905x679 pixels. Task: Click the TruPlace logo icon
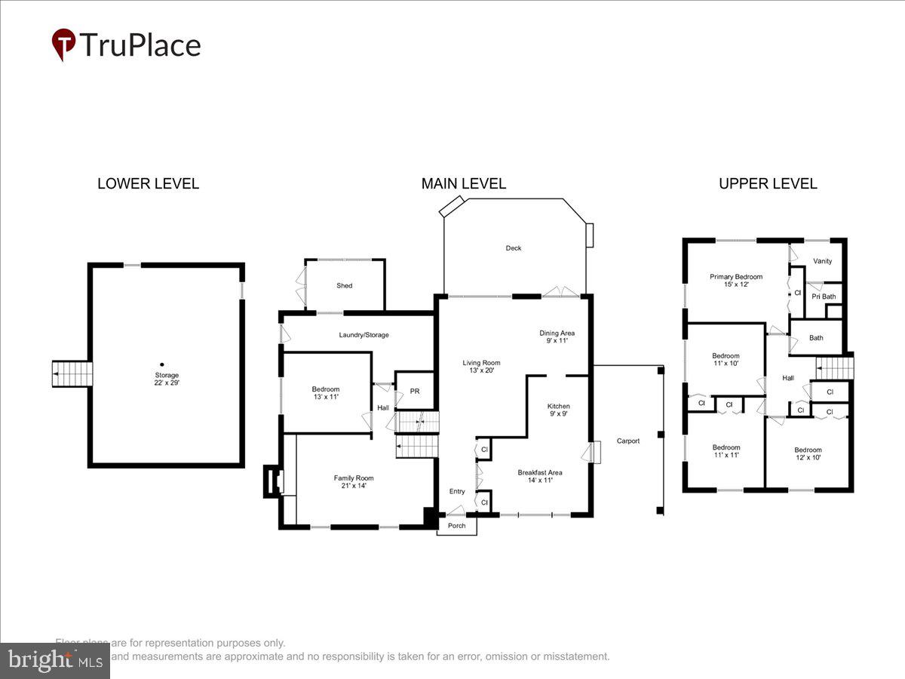coord(64,45)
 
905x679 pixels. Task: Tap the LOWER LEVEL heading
coord(148,183)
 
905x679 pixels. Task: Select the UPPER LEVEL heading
coord(768,183)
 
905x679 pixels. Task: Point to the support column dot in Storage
coord(161,364)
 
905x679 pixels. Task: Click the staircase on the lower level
coord(72,373)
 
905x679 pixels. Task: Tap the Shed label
coord(345,286)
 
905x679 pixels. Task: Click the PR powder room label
coord(415,392)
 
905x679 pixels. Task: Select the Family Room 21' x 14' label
coord(354,482)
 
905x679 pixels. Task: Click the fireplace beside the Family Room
coord(271,481)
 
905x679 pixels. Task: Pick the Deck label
coord(514,248)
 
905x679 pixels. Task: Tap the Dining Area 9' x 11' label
coord(557,336)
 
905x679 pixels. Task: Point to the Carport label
coord(627,441)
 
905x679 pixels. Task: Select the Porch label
coord(457,526)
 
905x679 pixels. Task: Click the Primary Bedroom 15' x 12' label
coord(736,281)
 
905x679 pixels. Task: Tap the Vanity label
coord(822,261)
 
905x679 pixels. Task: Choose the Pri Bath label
coord(823,296)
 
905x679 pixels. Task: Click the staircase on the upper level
coord(835,368)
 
